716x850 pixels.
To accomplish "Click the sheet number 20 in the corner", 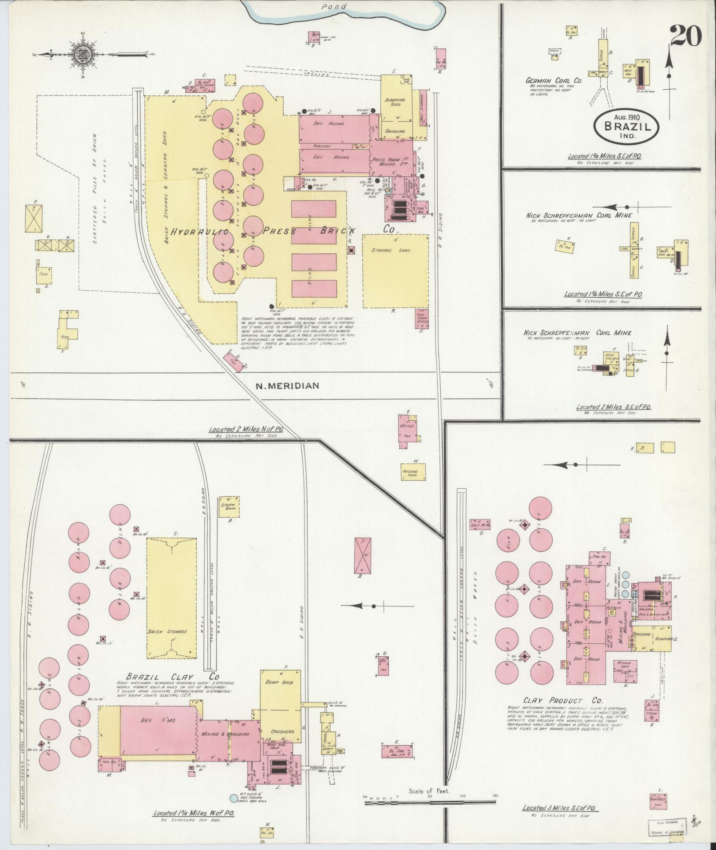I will [686, 36].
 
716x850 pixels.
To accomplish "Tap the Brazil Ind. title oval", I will [626, 126].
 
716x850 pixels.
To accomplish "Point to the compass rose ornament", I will [87, 55].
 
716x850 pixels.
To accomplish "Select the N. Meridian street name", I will [288, 386].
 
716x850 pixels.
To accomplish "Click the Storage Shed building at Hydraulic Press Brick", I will [396, 271].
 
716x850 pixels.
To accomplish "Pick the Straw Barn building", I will [229, 507].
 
